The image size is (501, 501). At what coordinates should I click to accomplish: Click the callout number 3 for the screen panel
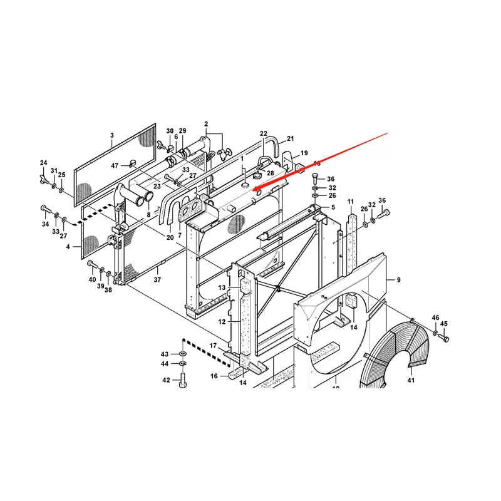111,135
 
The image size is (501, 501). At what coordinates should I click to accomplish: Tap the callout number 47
115,165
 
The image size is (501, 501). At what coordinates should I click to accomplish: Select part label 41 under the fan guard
411,380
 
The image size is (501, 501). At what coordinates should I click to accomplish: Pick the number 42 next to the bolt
166,380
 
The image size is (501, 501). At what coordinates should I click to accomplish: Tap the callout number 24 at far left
44,163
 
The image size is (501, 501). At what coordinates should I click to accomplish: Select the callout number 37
158,280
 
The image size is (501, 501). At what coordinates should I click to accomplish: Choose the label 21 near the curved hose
290,138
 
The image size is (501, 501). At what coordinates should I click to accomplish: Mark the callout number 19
304,153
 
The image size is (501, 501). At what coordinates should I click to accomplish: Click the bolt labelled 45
445,338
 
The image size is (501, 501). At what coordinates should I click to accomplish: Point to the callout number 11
351,201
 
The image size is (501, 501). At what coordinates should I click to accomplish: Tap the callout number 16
214,376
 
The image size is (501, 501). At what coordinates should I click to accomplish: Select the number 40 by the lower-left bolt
92,279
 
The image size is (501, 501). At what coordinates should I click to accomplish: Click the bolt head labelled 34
44,207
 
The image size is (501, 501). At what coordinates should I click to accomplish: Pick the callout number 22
264,134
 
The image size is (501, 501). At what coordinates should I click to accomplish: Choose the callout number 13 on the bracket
222,287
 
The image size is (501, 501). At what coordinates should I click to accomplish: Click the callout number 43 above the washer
165,354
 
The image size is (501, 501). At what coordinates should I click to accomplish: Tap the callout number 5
333,207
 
